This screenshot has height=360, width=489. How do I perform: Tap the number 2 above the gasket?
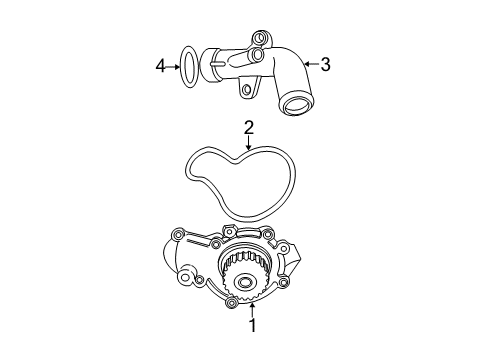tap(249, 127)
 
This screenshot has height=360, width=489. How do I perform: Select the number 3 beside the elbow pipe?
tap(324, 65)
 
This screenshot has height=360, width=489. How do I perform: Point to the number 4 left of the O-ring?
tap(159, 66)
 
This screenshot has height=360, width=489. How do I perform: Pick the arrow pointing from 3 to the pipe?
tap(310, 65)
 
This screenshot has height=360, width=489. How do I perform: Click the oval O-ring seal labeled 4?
tap(187, 67)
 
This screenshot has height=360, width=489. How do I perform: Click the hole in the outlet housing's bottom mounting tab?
tap(246, 90)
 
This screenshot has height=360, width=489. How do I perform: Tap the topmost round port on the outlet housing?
tap(262, 41)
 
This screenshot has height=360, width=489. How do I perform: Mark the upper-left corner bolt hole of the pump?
tap(177, 263)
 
